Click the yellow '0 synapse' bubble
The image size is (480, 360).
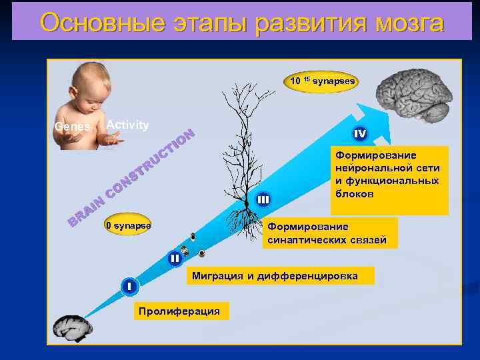pyautogui.click(x=127, y=226)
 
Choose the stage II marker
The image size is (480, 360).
pyautogui.click(x=175, y=258)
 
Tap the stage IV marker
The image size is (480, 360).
pyautogui.click(x=360, y=135)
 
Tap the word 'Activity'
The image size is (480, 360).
pyautogui.click(x=127, y=125)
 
